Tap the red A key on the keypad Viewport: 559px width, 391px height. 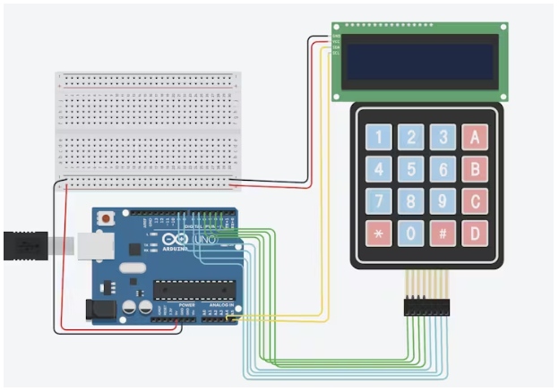tap(474, 137)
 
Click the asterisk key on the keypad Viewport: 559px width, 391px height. tap(379, 234)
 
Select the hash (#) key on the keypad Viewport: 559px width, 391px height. tap(442, 234)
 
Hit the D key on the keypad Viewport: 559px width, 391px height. tap(474, 234)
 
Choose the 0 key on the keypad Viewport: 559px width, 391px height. tap(410, 234)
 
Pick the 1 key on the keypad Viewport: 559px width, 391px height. tap(379, 137)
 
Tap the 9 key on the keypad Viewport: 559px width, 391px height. tap(442, 202)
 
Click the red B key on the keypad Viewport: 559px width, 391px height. tap(474, 169)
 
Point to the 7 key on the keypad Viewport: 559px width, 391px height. tap(379, 202)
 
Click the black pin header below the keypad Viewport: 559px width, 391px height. tap(426, 307)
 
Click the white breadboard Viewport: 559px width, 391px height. tap(148, 131)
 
